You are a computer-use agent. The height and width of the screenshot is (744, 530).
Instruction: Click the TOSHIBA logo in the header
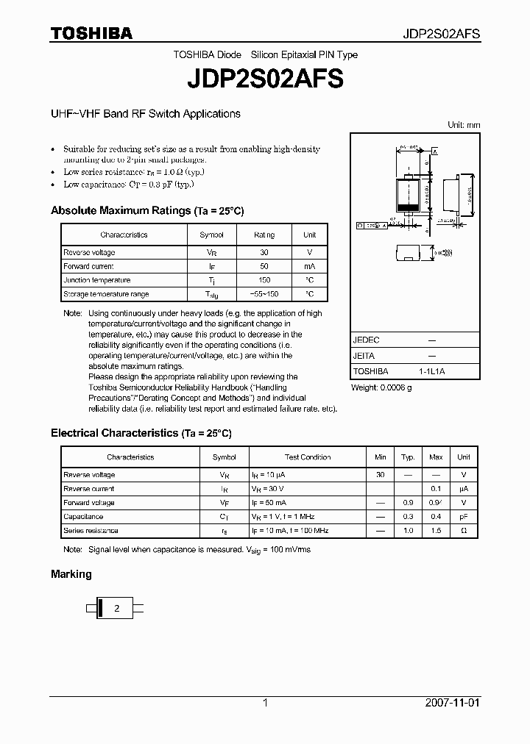coord(91,33)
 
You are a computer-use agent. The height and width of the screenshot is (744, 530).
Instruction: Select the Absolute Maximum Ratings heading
coord(147,211)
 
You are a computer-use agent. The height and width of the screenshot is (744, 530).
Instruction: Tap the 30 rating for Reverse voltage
coord(264,252)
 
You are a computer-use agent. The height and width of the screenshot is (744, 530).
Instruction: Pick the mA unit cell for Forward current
coord(309,266)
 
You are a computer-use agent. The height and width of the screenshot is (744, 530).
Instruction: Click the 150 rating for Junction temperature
coord(264,280)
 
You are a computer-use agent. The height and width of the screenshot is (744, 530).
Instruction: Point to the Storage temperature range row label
coord(106,294)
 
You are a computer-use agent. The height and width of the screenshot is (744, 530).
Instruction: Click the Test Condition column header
coord(308,457)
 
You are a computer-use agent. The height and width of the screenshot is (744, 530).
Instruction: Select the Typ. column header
coord(408,457)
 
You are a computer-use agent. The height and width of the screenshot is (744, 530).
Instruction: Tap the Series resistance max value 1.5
coord(436,530)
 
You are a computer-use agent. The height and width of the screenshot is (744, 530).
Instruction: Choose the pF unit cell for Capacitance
coord(464,517)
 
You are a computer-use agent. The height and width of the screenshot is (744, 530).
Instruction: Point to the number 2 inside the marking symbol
coord(116,609)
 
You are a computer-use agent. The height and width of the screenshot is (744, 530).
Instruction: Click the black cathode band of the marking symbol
coord(99,609)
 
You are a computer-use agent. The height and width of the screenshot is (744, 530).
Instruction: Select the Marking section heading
coord(71,574)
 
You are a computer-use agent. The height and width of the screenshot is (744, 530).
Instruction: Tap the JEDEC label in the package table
coord(366,340)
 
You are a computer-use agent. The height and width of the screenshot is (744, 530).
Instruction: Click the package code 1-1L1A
coord(431,372)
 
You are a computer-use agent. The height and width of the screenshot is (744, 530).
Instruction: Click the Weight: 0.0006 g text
coord(381,387)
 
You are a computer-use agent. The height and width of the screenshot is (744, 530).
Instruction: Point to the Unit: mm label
coord(464,125)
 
